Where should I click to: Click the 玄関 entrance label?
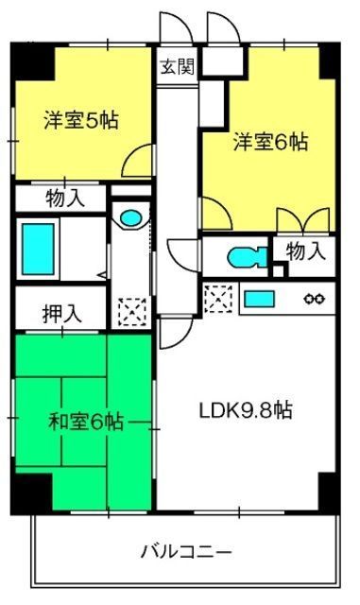click(177, 67)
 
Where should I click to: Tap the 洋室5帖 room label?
click(80, 120)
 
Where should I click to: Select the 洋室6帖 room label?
click(270, 142)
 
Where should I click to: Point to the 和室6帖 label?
click(86, 422)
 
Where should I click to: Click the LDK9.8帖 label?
click(246, 411)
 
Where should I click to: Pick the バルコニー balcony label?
click(186, 552)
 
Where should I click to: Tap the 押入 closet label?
click(62, 314)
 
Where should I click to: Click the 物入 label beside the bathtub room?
click(65, 199)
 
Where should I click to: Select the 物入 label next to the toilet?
click(305, 251)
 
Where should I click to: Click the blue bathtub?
click(38, 249)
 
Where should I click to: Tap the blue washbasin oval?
click(130, 218)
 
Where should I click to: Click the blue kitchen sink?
click(259, 299)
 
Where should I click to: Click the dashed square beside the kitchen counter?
click(218, 299)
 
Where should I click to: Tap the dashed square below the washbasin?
click(132, 312)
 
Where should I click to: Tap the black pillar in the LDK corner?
click(329, 493)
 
